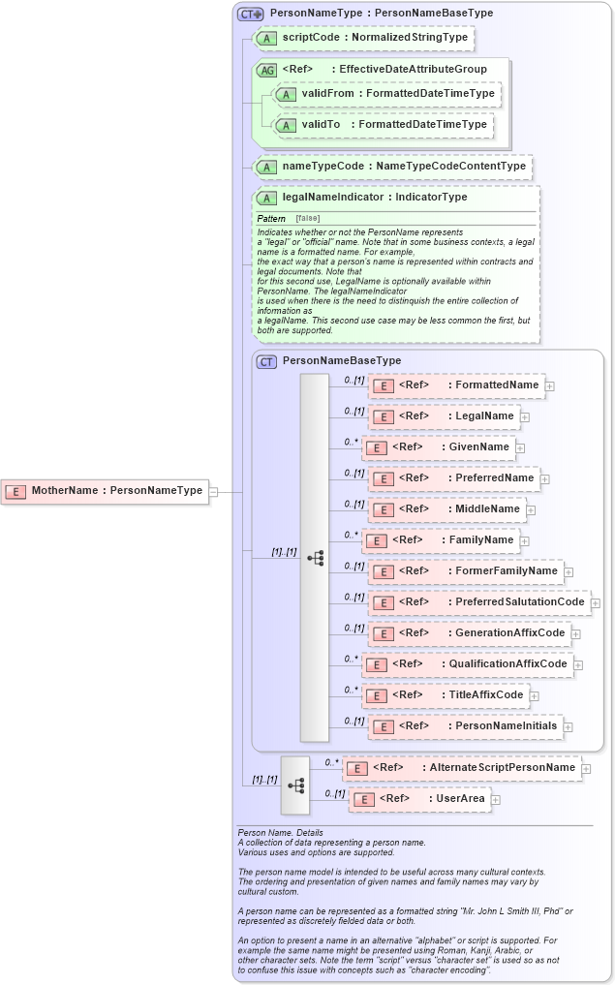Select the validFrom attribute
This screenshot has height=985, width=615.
(x=385, y=94)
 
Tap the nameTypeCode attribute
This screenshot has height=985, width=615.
(x=392, y=167)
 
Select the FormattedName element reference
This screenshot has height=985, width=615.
(x=455, y=385)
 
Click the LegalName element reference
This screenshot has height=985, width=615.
(x=443, y=416)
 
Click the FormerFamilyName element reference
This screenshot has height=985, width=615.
(x=465, y=571)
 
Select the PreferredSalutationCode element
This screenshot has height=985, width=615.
(x=478, y=602)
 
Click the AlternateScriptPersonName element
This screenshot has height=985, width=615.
(x=462, y=768)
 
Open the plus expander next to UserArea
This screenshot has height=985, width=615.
(x=496, y=799)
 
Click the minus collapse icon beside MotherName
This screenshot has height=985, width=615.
(x=214, y=491)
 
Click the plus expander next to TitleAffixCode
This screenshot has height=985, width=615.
(x=535, y=695)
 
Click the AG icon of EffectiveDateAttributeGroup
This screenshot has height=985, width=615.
(x=266, y=70)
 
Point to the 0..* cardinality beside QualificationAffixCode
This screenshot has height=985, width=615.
(x=352, y=659)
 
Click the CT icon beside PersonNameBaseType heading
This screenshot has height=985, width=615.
(x=266, y=361)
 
